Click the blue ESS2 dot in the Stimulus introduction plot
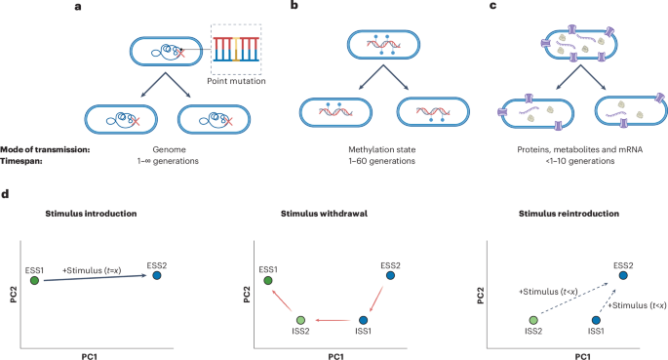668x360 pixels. (x=156, y=276)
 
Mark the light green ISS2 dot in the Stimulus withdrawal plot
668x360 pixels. (x=301, y=319)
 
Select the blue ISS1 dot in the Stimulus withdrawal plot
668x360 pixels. (x=363, y=319)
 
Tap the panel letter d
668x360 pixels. (x=7, y=195)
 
